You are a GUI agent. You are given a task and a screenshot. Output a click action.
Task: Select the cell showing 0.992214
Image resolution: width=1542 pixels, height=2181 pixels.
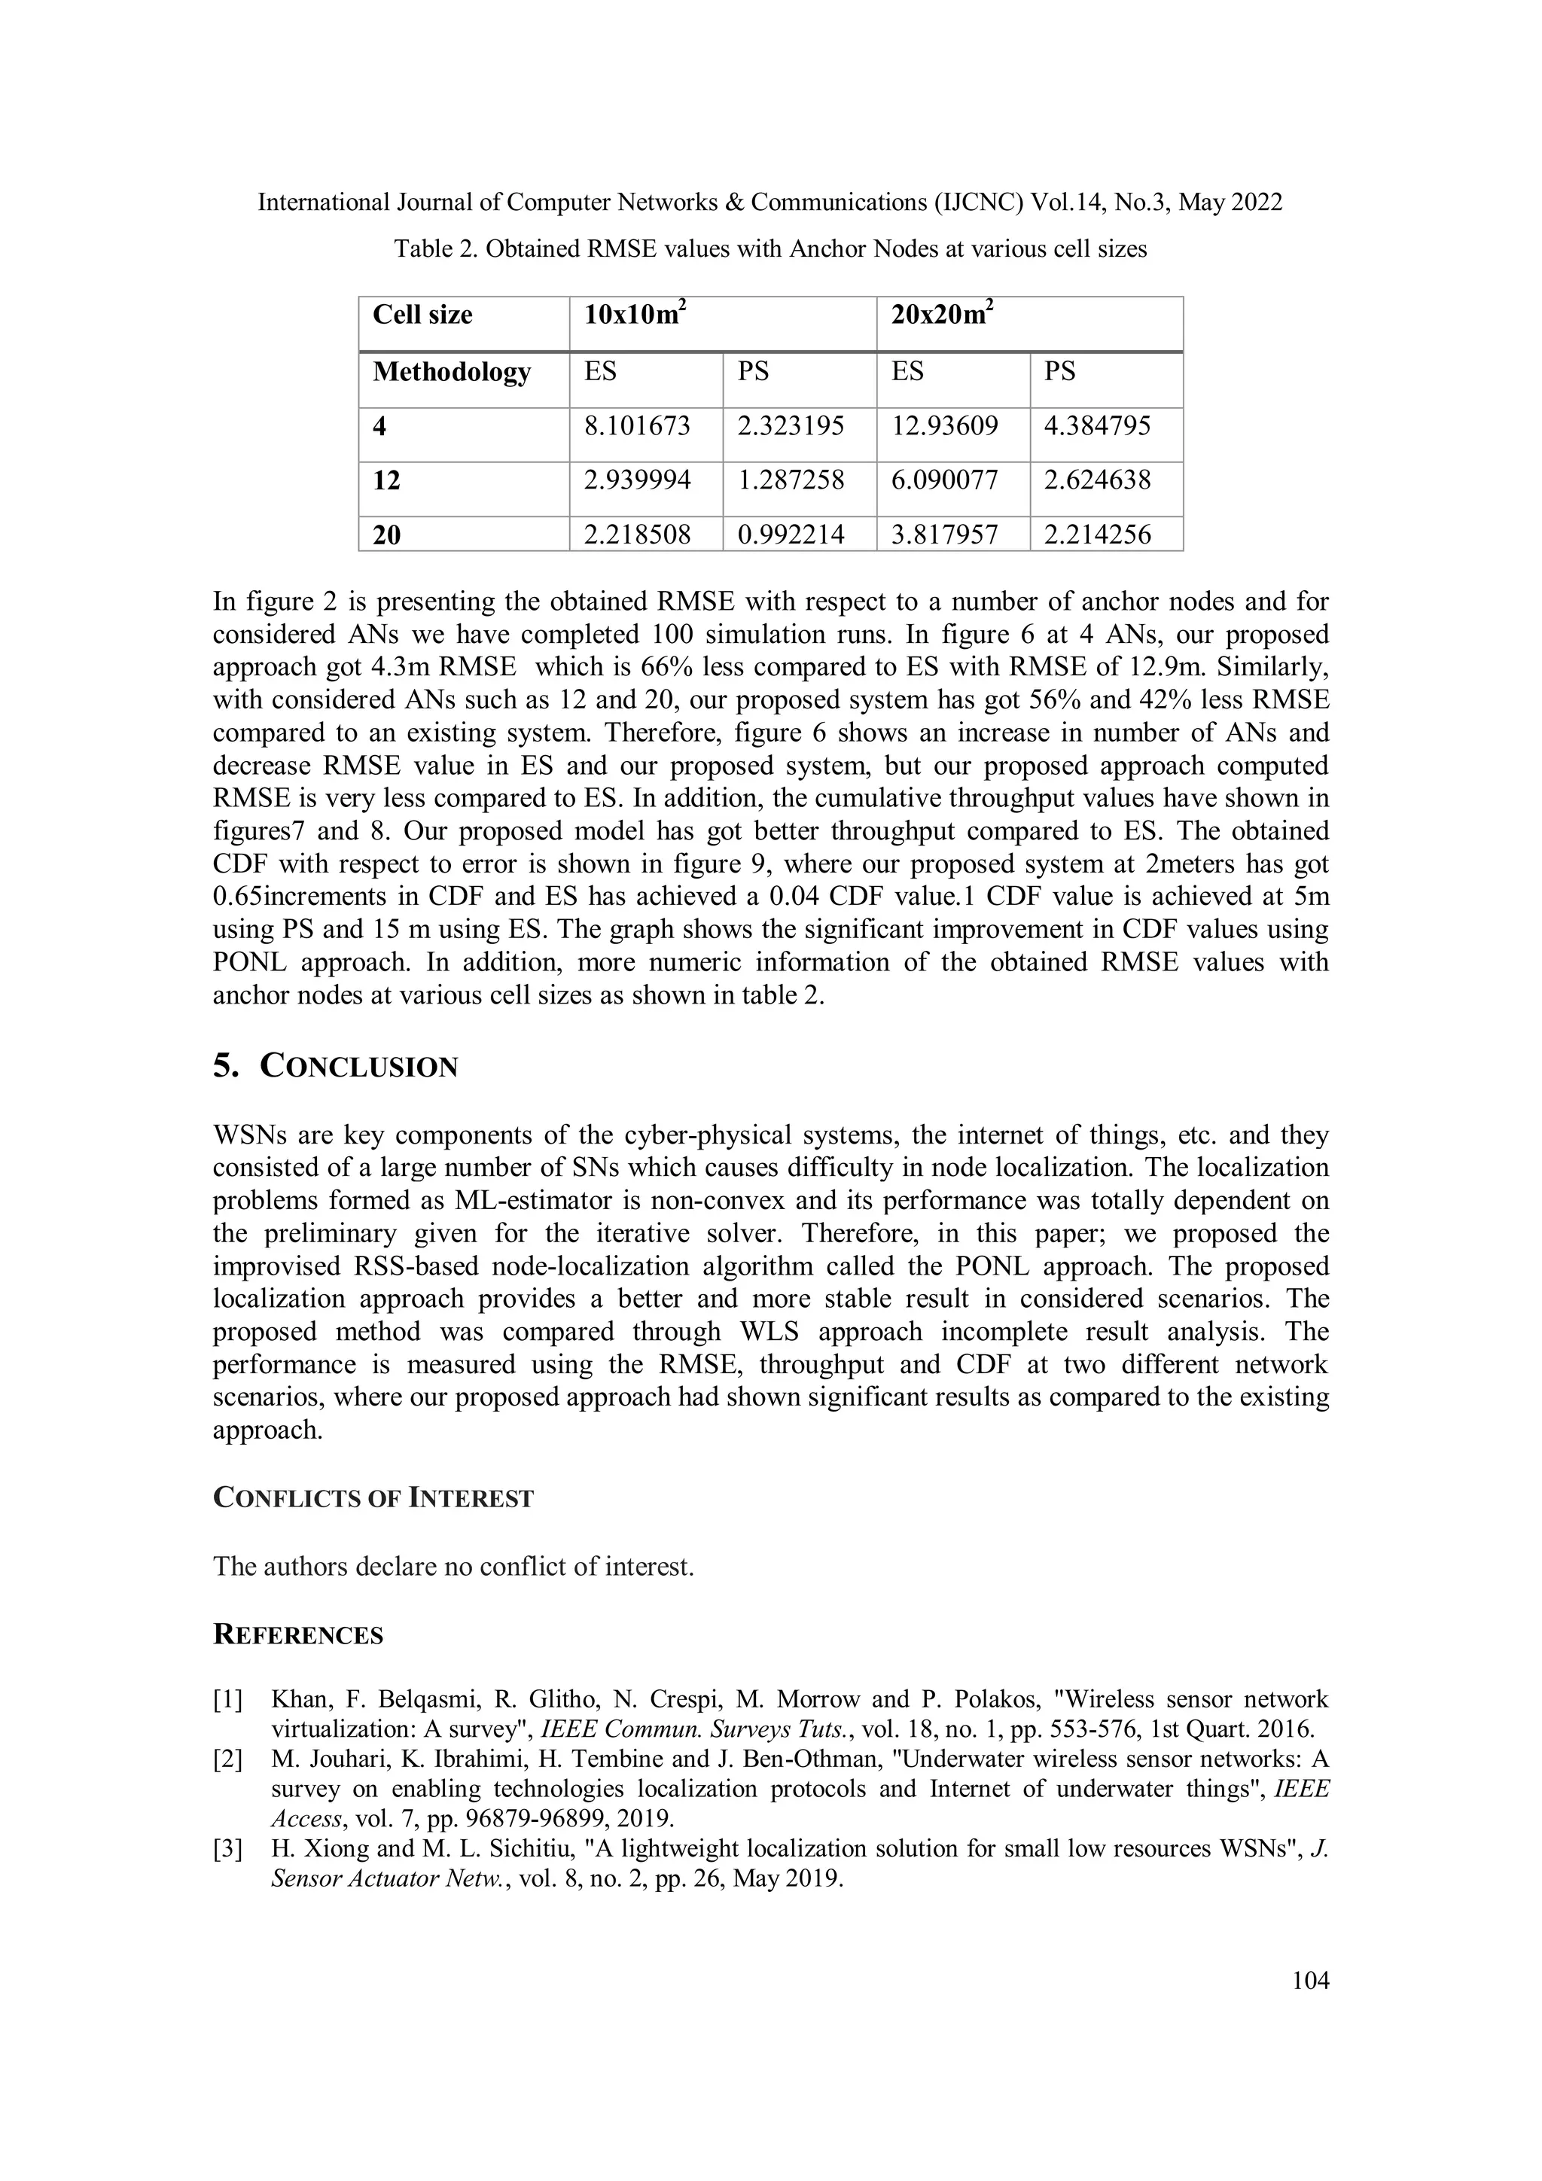791,535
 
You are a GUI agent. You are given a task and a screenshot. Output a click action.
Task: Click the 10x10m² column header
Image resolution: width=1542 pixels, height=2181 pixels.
635,315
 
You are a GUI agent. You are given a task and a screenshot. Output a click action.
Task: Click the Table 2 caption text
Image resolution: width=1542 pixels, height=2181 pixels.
770,249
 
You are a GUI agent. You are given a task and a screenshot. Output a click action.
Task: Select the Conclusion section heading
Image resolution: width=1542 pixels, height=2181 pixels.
335,1067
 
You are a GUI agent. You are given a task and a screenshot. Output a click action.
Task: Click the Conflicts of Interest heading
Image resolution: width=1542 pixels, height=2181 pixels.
373,1498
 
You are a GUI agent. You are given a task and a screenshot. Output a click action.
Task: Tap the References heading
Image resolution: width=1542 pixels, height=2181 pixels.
298,1634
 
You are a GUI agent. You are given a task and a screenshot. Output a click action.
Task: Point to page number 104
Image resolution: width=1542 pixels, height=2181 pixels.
1310,1981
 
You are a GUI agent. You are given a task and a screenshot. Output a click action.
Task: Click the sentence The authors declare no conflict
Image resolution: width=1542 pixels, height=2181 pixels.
453,1567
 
